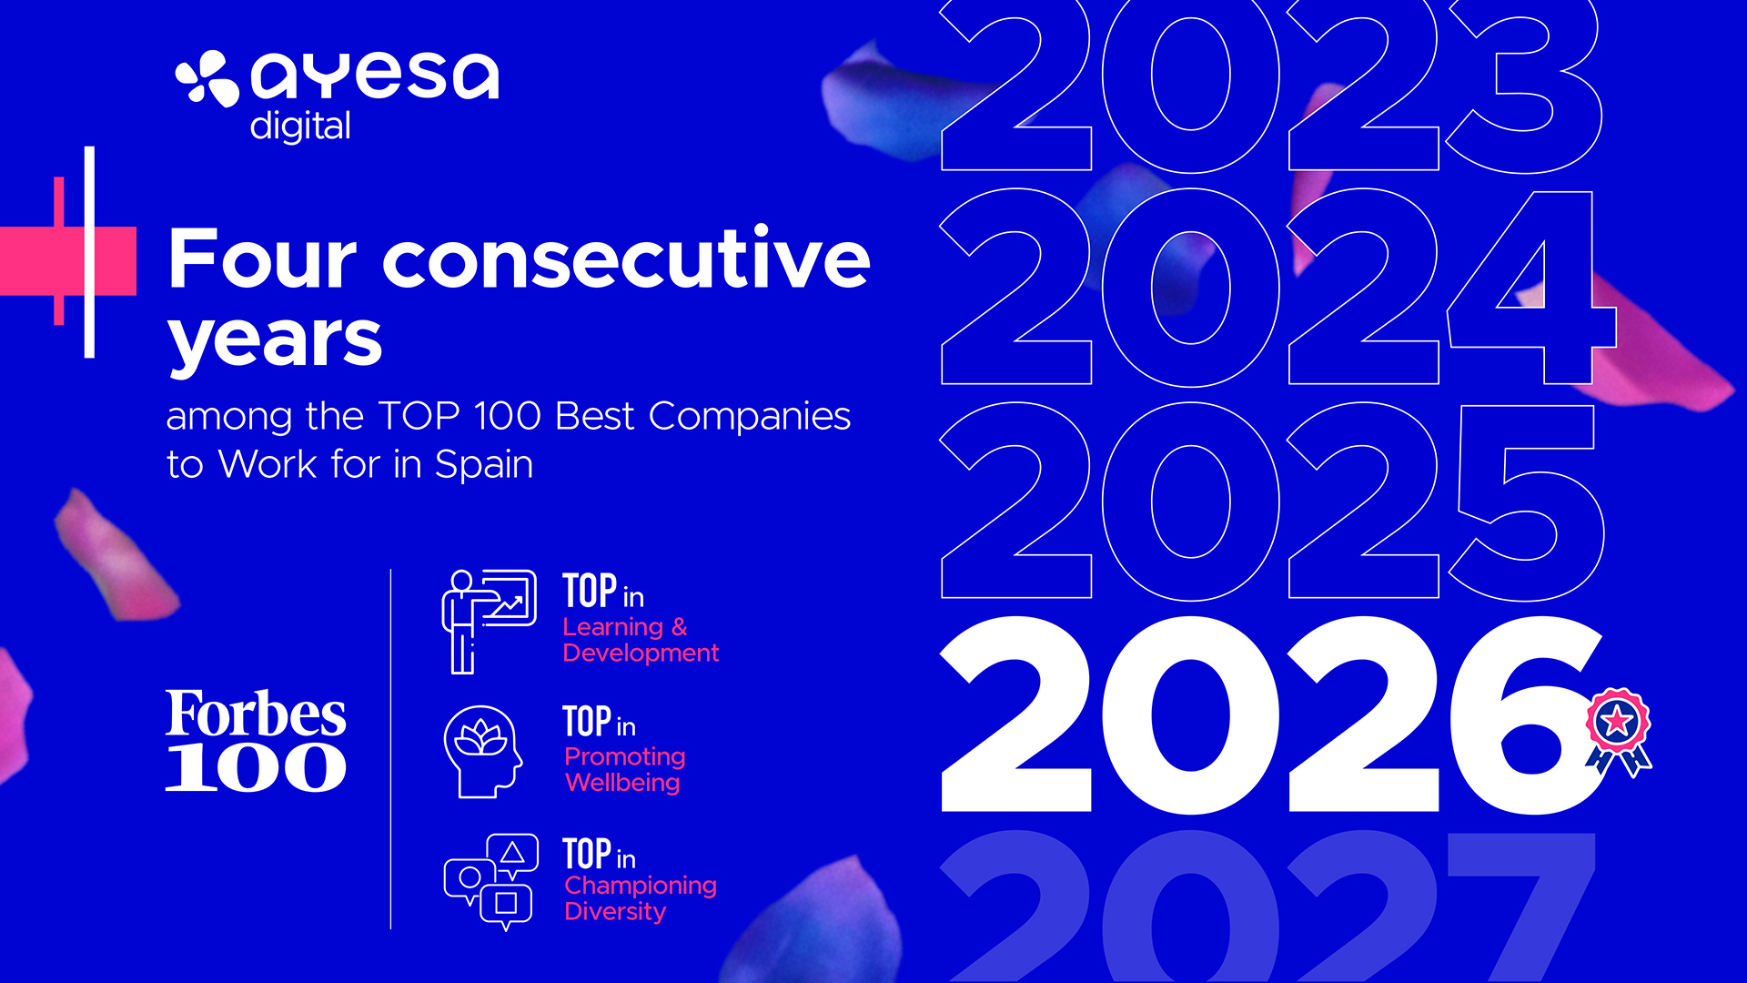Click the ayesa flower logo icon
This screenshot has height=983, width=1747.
207,78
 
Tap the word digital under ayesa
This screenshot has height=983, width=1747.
300,127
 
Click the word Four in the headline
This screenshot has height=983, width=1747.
263,258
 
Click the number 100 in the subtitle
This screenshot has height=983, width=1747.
508,416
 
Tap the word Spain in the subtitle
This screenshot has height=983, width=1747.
484,465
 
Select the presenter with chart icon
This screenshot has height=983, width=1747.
489,622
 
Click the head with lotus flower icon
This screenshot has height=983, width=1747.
483,752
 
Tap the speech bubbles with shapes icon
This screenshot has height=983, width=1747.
490,882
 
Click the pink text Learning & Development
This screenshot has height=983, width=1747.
641,640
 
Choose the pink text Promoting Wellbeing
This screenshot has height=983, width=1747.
624,769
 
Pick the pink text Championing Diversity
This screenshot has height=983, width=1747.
641,898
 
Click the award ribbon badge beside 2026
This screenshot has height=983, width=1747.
1619,732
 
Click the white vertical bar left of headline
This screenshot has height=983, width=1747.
89,252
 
